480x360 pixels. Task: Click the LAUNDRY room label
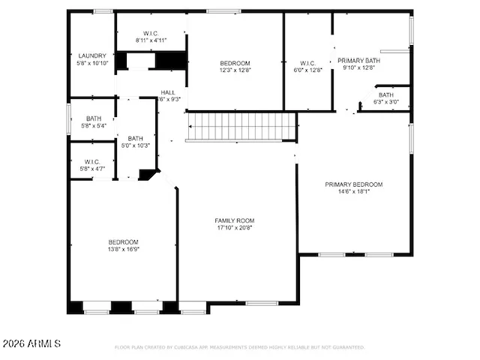(92, 55)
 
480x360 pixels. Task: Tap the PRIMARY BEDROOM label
(353, 184)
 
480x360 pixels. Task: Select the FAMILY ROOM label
(235, 220)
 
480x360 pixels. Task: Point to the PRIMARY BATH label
(358, 61)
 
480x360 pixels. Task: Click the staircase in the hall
(241, 127)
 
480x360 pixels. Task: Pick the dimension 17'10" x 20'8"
(235, 227)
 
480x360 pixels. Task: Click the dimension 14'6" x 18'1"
(353, 191)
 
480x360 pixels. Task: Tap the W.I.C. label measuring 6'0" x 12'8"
(309, 63)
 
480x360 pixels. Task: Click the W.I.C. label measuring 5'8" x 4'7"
(92, 162)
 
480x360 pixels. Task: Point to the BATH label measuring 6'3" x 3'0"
(385, 95)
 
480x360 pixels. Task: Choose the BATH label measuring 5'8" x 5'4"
(94, 118)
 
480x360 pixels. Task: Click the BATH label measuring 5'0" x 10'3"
(136, 138)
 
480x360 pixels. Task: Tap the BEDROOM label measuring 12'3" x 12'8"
(235, 63)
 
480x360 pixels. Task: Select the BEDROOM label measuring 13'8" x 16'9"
(123, 241)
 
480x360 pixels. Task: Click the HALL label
(168, 92)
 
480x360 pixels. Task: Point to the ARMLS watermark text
(31, 343)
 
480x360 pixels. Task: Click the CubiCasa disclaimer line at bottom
(239, 347)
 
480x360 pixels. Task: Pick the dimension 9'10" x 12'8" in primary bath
(358, 67)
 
